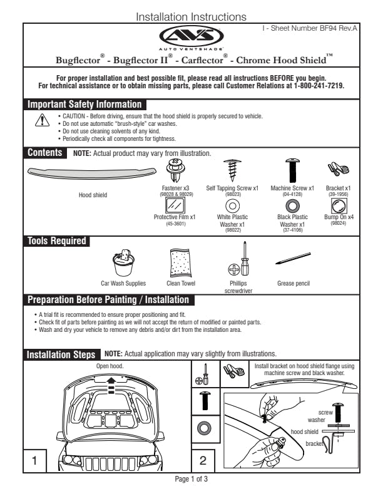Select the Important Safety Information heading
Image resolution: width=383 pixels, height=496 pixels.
coord(84,105)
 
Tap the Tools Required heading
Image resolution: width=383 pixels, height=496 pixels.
coord(56,240)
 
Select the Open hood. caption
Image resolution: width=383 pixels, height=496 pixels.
coord(110,366)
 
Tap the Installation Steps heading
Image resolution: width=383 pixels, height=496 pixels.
coord(61,355)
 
